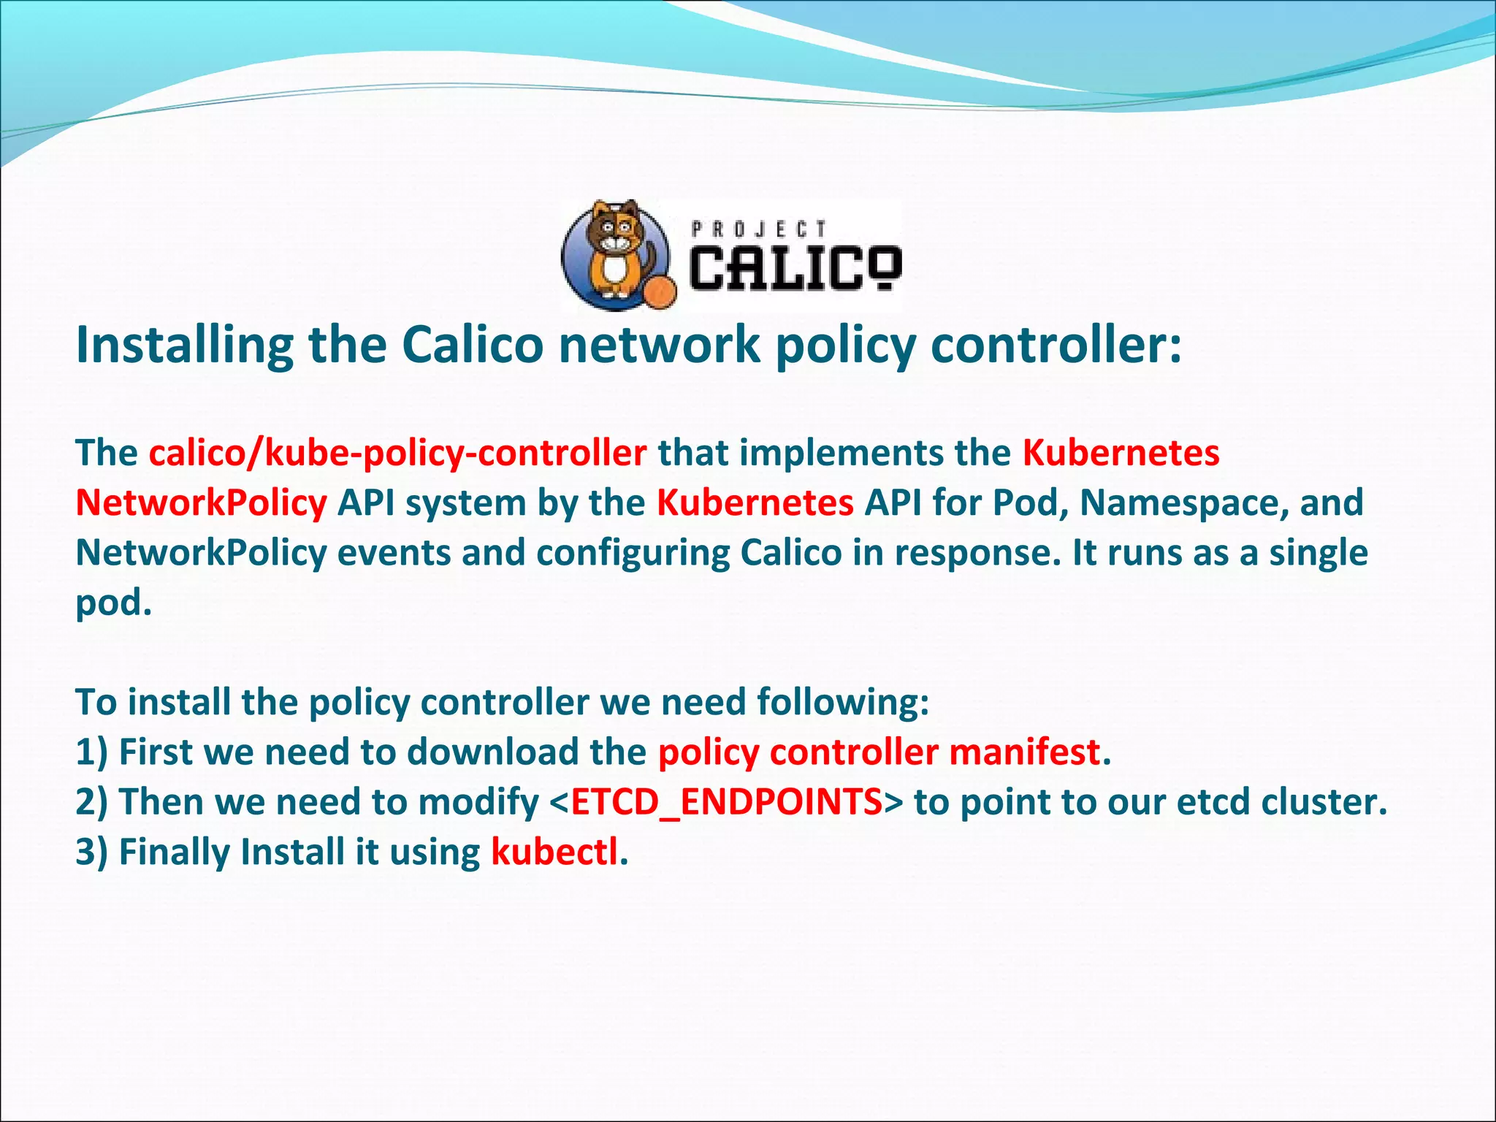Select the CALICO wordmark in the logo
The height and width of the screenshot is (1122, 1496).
[x=795, y=267]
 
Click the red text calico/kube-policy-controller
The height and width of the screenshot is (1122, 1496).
[x=397, y=453]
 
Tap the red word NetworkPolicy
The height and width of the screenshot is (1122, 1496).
[x=201, y=503]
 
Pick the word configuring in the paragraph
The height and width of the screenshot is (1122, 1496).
[x=633, y=553]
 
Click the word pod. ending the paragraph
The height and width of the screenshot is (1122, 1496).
[x=113, y=603]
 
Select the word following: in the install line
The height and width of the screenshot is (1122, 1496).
[x=843, y=703]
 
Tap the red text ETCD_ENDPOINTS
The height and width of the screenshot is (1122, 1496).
[x=726, y=802]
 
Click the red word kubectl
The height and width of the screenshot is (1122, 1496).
[x=554, y=852]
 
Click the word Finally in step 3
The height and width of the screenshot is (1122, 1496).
[x=175, y=852]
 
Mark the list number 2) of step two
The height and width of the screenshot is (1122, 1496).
[x=91, y=802]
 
